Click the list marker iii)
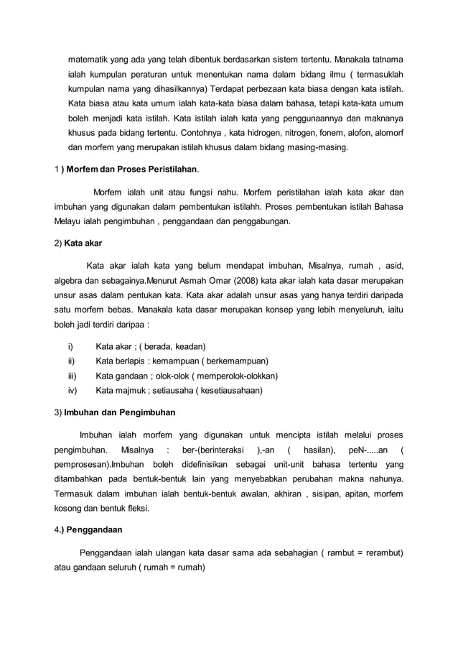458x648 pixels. tap(72, 376)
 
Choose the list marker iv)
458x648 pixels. tap(73, 391)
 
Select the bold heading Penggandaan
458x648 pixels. tap(93, 530)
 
